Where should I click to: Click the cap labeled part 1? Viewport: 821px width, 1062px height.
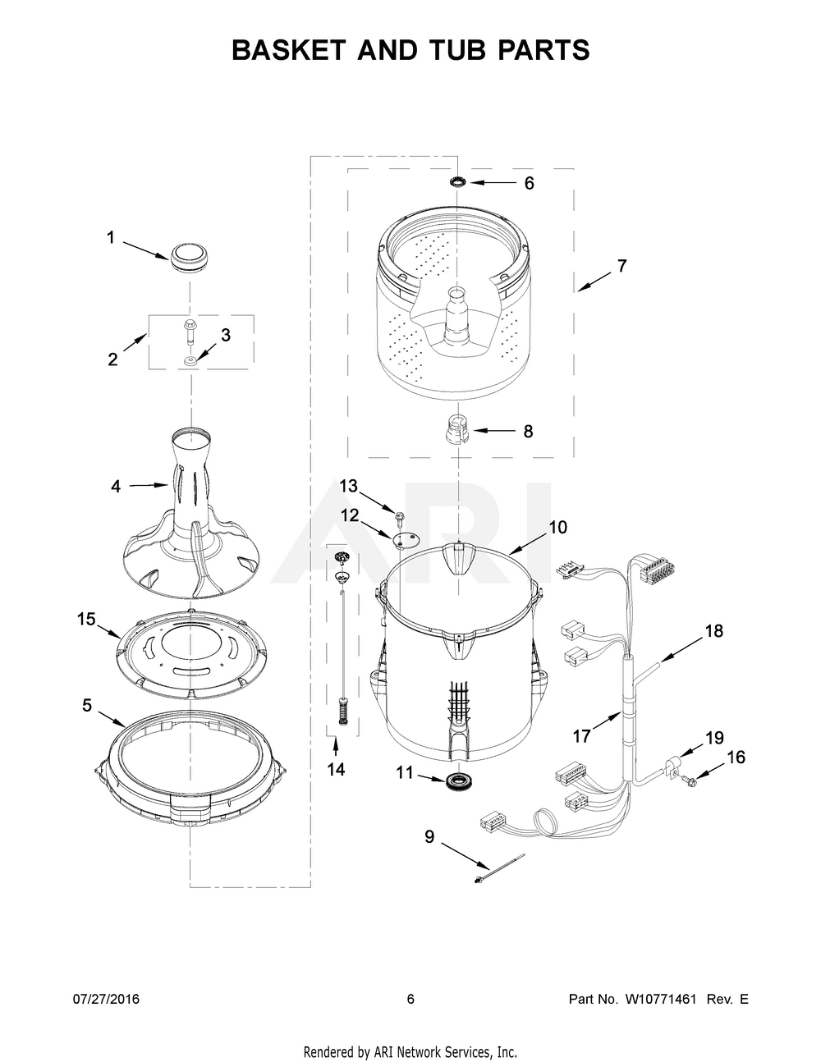(x=189, y=254)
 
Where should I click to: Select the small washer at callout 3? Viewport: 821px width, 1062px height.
(x=190, y=359)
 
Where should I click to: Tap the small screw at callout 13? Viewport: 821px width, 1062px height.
(x=401, y=517)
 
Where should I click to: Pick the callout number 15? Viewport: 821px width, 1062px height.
(x=87, y=619)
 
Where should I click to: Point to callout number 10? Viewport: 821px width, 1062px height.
(x=557, y=527)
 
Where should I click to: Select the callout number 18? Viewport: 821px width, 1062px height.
(x=714, y=631)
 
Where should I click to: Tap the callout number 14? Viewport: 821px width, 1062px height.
(x=336, y=769)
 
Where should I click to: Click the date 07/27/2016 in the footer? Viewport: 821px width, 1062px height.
(x=106, y=999)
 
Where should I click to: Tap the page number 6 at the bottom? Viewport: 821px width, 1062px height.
(x=410, y=999)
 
